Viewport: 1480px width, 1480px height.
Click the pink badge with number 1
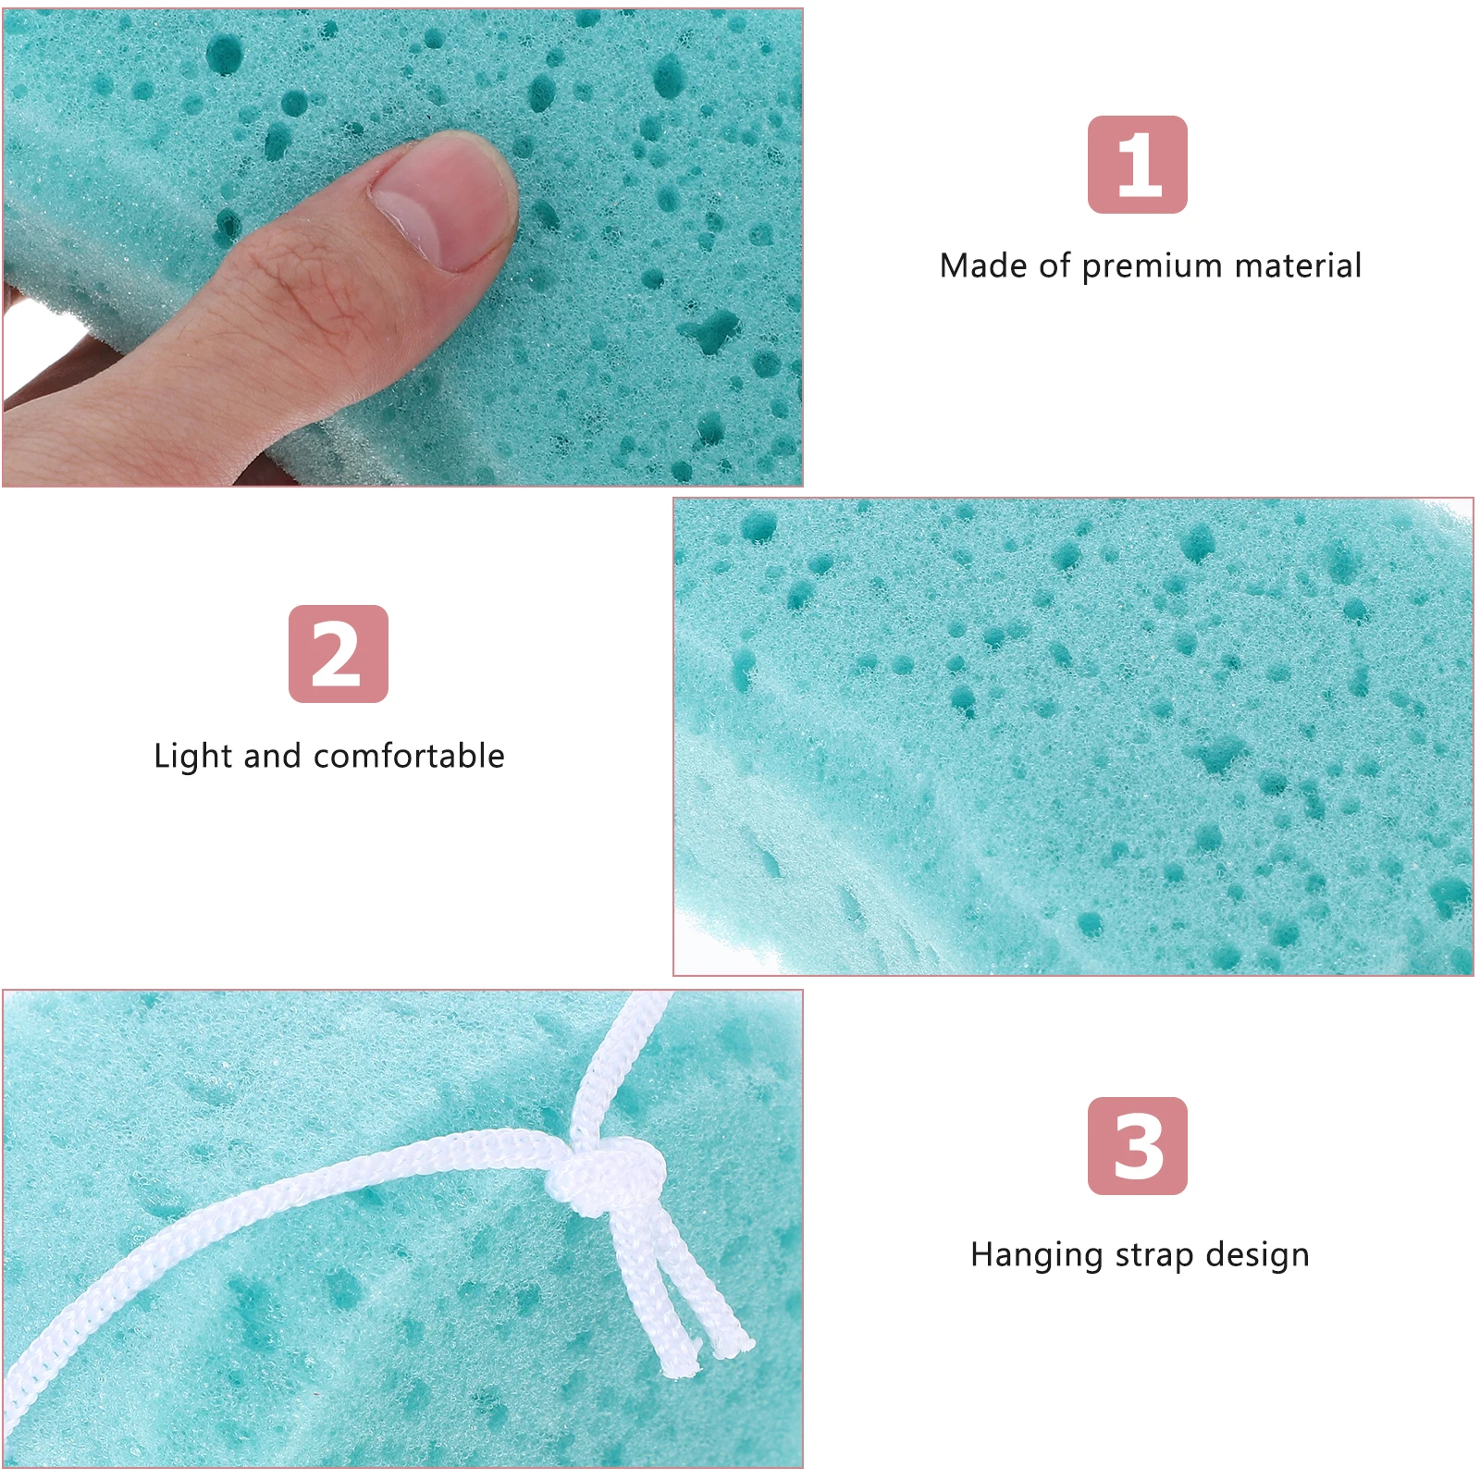pos(1137,165)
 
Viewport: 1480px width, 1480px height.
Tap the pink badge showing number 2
pos(338,654)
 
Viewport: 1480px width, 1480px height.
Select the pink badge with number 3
pos(1137,1145)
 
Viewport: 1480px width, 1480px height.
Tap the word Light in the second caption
pos(191,756)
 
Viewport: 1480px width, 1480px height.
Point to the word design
pos(1257,1255)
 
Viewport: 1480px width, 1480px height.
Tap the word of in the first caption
pos(1054,265)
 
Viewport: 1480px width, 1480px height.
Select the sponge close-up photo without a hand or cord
pos(1073,736)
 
